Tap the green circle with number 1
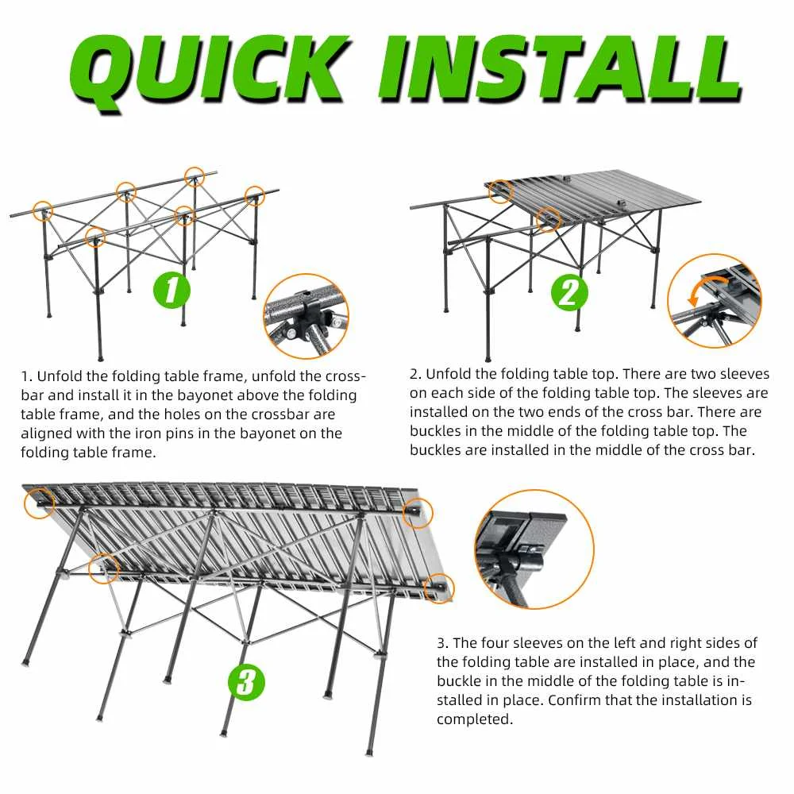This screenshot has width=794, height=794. click(x=172, y=291)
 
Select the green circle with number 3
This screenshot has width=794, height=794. click(x=247, y=681)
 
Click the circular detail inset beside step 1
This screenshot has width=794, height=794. click(x=306, y=316)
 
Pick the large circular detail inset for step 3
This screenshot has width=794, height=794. click(x=534, y=549)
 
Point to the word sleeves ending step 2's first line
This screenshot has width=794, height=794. click(x=740, y=374)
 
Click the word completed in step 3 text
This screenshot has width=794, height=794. click(x=474, y=719)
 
